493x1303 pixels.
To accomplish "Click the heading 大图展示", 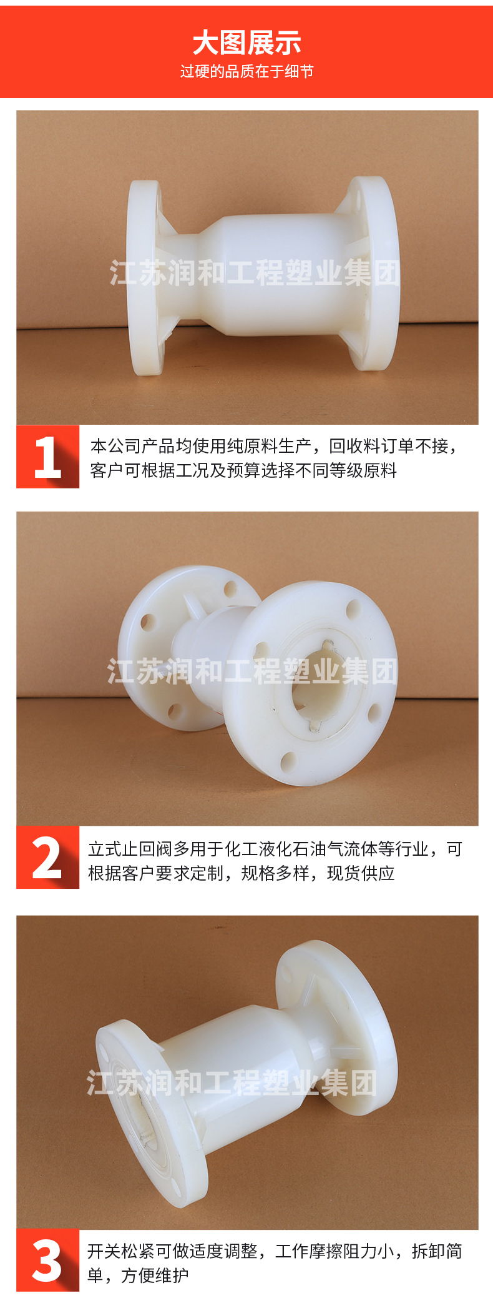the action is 246,44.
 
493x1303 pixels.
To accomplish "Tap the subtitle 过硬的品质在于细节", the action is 246,72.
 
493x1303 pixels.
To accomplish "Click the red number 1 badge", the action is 48,457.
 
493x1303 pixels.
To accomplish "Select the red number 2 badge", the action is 48,858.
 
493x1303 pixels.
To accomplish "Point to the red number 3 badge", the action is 48,1260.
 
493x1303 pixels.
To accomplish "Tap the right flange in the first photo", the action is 373,273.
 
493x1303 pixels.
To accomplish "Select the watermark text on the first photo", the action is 255,274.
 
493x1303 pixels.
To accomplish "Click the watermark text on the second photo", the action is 252,671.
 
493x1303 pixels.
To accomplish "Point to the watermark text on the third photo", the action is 232,1083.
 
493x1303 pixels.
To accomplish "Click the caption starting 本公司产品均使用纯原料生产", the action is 274,446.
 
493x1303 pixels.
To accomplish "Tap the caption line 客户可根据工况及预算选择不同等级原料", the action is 243,470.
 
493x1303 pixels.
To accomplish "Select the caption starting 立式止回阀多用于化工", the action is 275,849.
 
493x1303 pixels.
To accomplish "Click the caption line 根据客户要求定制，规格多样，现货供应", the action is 242,873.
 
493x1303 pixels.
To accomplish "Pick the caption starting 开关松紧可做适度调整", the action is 275,1251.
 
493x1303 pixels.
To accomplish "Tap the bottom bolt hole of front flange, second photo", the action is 288,761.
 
